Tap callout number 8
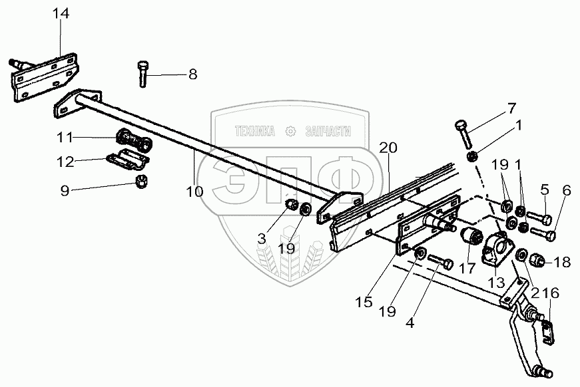pos(192,74)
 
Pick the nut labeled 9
pos(141,182)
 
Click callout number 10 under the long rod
pos(194,192)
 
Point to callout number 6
pos(566,190)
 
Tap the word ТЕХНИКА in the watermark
pos(255,132)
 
